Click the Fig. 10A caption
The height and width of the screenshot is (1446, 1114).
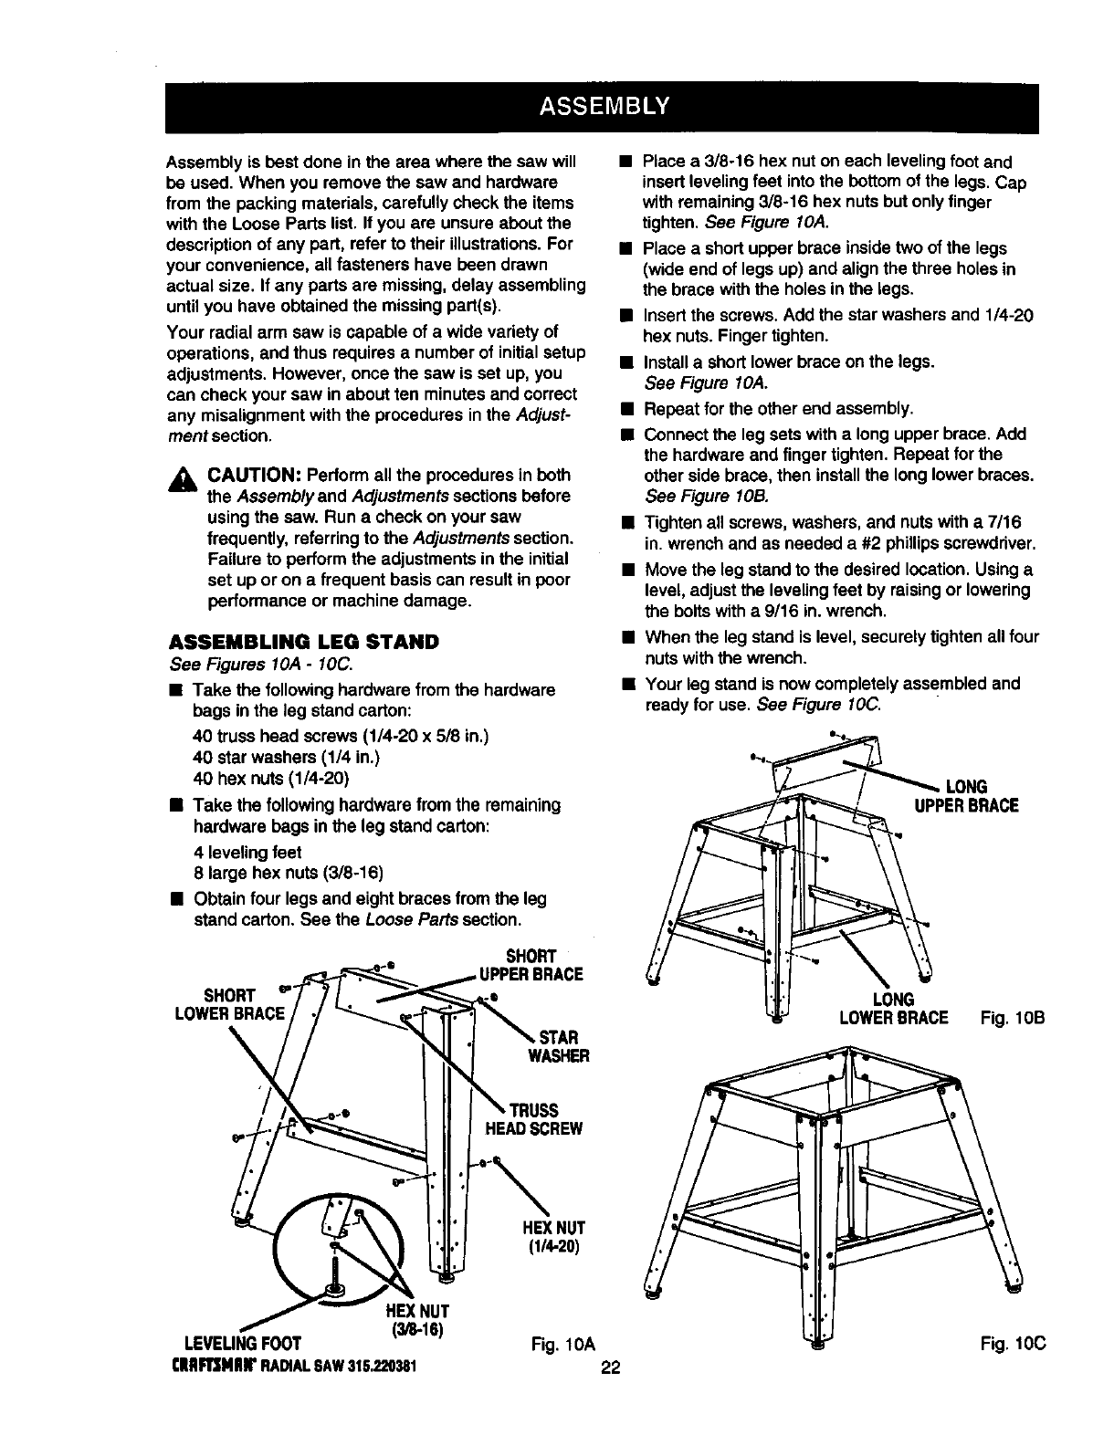(562, 1344)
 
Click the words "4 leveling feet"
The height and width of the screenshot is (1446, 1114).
(247, 852)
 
